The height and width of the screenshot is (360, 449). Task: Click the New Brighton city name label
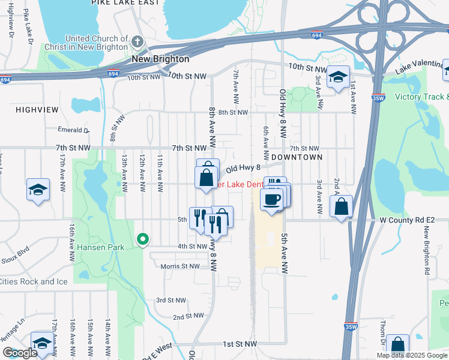click(x=160, y=59)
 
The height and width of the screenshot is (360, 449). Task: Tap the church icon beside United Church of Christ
click(x=138, y=43)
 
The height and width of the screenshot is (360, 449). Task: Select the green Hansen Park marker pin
click(x=143, y=239)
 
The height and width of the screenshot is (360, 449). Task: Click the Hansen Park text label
click(x=100, y=247)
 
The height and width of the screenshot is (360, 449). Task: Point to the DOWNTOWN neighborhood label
click(x=297, y=157)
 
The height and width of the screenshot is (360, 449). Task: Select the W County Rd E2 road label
click(x=414, y=220)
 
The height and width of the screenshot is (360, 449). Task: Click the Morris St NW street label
click(x=179, y=266)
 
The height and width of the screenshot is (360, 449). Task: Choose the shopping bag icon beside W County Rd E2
click(x=341, y=206)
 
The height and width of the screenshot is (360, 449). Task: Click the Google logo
click(x=20, y=353)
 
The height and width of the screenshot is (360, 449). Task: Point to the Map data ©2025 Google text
click(x=412, y=355)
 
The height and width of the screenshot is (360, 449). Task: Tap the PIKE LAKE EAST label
click(x=125, y=3)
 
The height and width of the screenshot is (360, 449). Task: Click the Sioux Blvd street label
click(x=16, y=253)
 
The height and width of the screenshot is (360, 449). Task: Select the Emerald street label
click(x=74, y=130)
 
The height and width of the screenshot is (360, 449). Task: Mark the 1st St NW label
click(x=240, y=344)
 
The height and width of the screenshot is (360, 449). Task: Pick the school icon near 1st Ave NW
click(x=338, y=77)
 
